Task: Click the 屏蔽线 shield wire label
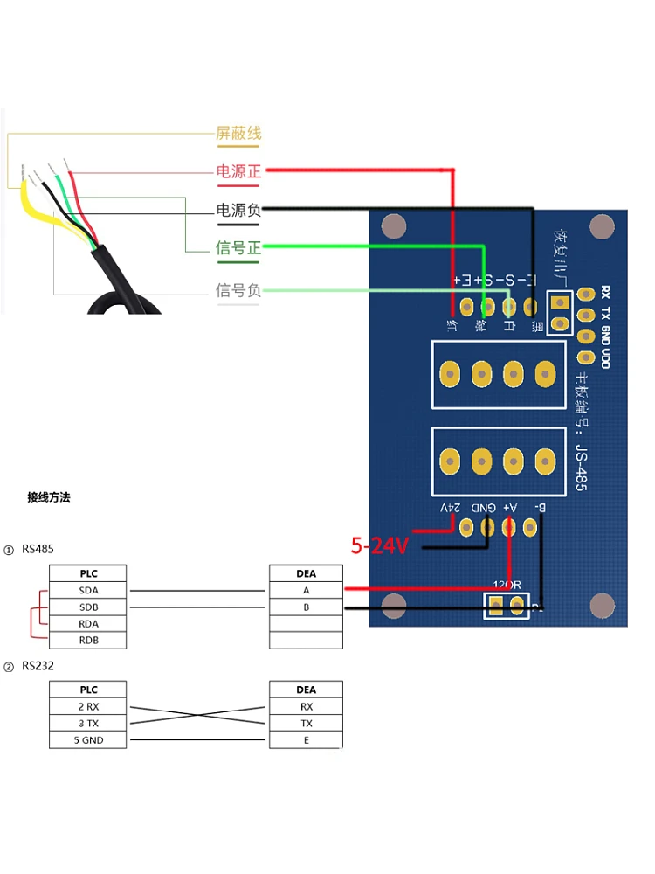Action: click(238, 134)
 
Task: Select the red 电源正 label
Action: click(238, 171)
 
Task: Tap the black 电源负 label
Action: click(238, 210)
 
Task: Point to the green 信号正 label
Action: click(238, 248)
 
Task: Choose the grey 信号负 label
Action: click(238, 290)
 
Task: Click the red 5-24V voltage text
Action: click(380, 546)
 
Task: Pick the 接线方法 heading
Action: click(49, 497)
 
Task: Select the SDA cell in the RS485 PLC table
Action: click(88, 591)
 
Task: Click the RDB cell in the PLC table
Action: click(88, 641)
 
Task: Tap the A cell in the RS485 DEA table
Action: click(306, 591)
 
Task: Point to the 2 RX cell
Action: click(88, 707)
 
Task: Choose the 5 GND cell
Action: click(88, 740)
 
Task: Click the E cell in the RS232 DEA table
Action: click(306, 740)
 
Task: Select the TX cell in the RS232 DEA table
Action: click(306, 724)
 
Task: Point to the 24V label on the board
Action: click(449, 508)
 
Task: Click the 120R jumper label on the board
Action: click(507, 585)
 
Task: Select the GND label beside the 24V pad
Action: click(483, 508)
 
